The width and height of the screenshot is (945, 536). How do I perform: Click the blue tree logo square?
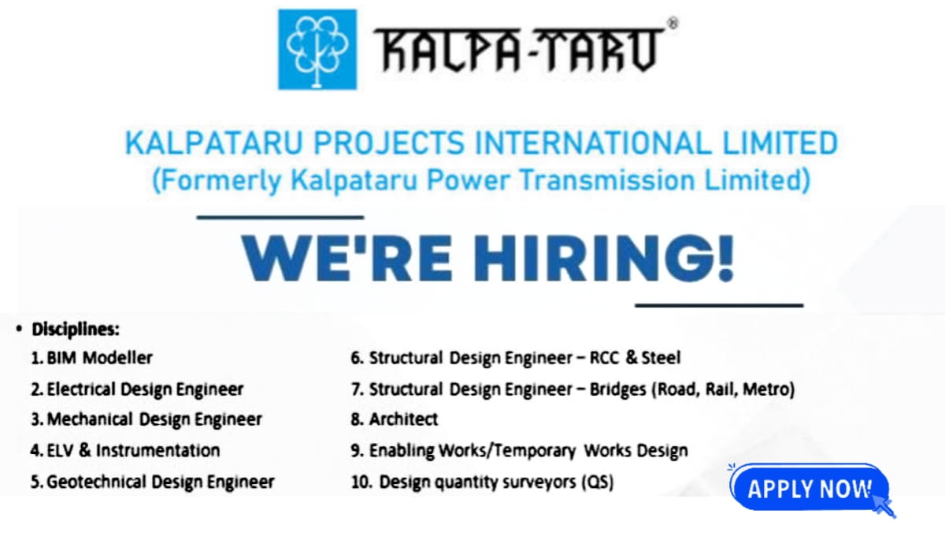[317, 49]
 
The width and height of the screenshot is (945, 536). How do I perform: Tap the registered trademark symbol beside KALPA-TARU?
[672, 24]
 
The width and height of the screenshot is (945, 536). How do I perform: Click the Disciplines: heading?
[75, 328]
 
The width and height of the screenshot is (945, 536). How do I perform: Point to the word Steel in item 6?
[661, 358]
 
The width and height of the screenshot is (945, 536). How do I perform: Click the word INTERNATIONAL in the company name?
[603, 143]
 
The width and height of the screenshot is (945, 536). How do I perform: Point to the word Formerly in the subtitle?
[216, 181]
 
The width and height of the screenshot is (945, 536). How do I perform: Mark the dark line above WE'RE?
[280, 218]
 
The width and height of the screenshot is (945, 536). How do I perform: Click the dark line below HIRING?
[718, 304]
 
